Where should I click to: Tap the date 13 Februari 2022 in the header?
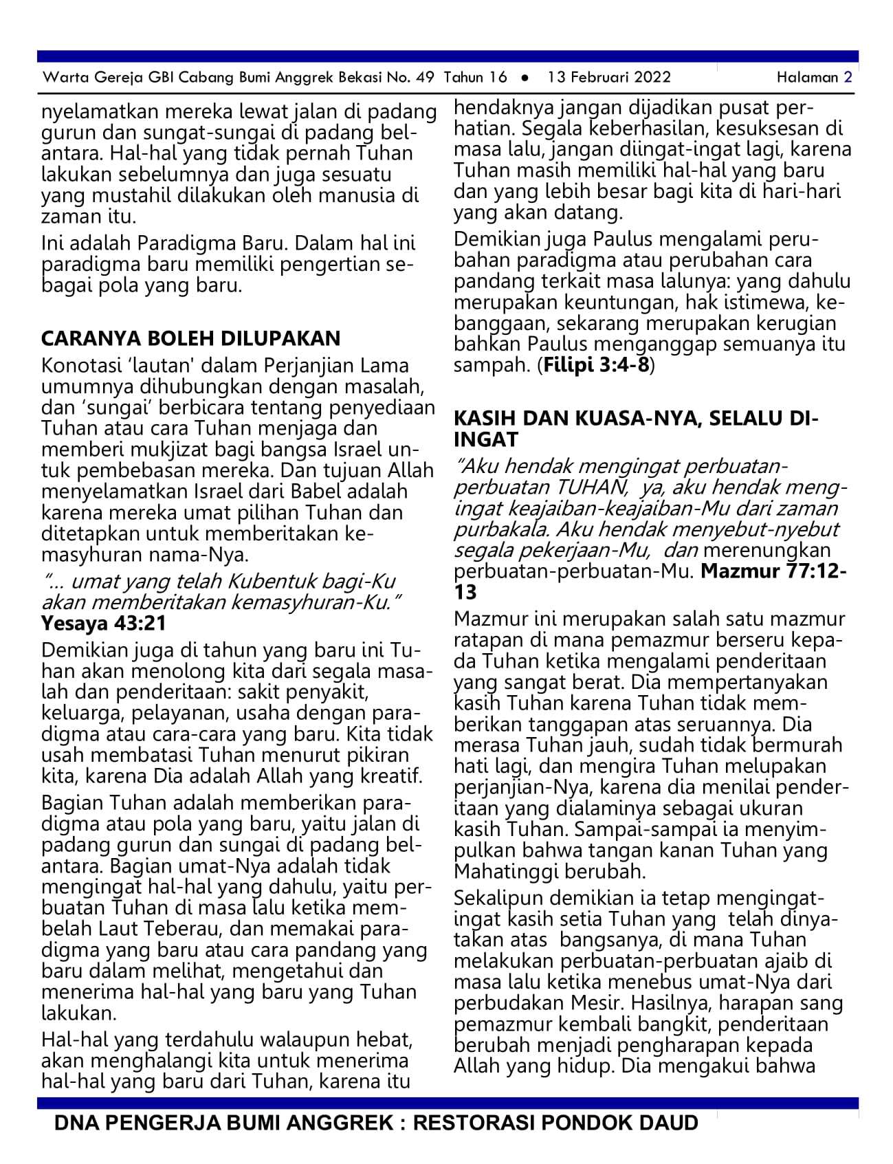pos(608,77)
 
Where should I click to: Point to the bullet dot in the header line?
pos(525,78)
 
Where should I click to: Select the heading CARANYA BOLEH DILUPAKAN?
pos(190,338)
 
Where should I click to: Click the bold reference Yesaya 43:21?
pos(103,623)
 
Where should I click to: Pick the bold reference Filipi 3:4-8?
pos(596,365)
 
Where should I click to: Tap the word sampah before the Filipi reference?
pos(492,365)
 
